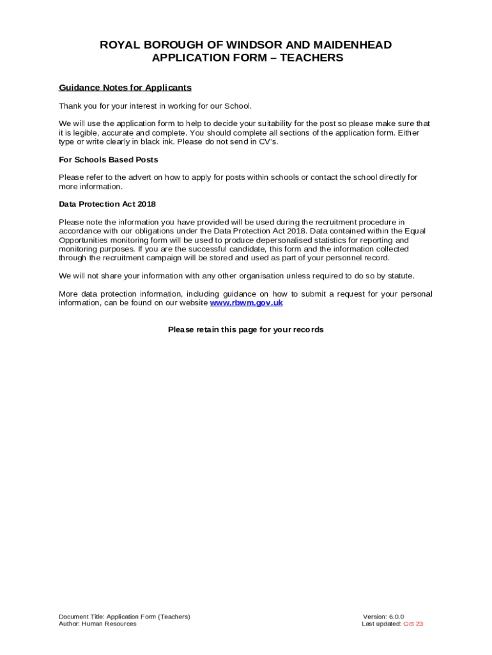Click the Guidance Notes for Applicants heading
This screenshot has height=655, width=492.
[125, 88]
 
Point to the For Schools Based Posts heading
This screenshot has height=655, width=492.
[109, 160]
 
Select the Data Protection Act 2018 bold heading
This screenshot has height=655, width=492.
[107, 204]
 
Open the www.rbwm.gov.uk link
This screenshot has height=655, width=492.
[246, 303]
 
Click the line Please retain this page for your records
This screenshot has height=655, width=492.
[246, 330]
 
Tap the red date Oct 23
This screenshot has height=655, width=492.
[413, 624]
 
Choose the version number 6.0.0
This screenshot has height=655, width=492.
[392, 617]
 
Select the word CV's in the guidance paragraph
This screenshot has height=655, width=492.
[268, 142]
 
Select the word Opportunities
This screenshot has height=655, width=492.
[83, 240]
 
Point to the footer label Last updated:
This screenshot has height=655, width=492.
[381, 624]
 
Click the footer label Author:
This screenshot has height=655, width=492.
[69, 624]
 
